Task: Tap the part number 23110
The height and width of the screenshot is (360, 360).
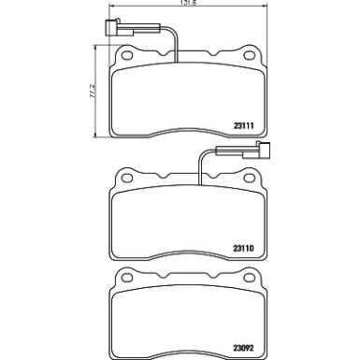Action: click(x=244, y=249)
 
